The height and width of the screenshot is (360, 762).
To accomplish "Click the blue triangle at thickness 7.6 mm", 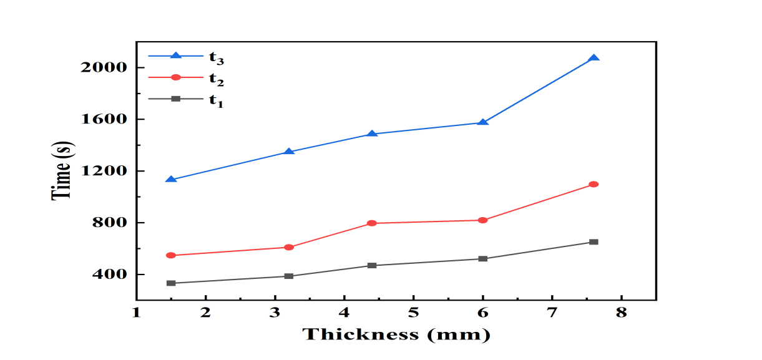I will point(593,58).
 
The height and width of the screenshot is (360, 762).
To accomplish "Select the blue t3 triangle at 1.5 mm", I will point(170,179).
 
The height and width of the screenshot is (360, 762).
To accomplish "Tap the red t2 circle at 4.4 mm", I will point(372,223).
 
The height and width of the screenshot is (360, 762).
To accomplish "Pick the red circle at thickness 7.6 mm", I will point(593,184).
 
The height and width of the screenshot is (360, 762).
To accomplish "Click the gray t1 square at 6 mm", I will point(482,258).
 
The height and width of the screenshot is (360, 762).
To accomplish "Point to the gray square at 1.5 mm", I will point(170,283).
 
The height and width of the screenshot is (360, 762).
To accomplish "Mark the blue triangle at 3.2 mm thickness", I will point(288,152).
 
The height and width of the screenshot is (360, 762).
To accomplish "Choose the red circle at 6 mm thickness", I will point(482,220).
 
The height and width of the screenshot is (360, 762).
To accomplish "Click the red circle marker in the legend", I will point(175,77).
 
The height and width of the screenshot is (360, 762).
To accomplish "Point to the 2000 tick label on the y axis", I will point(104,67).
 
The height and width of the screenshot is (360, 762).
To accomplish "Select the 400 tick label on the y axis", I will point(109,275).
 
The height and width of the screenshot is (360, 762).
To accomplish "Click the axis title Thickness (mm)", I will point(396,334).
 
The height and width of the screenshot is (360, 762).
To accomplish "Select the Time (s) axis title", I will point(62,170).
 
